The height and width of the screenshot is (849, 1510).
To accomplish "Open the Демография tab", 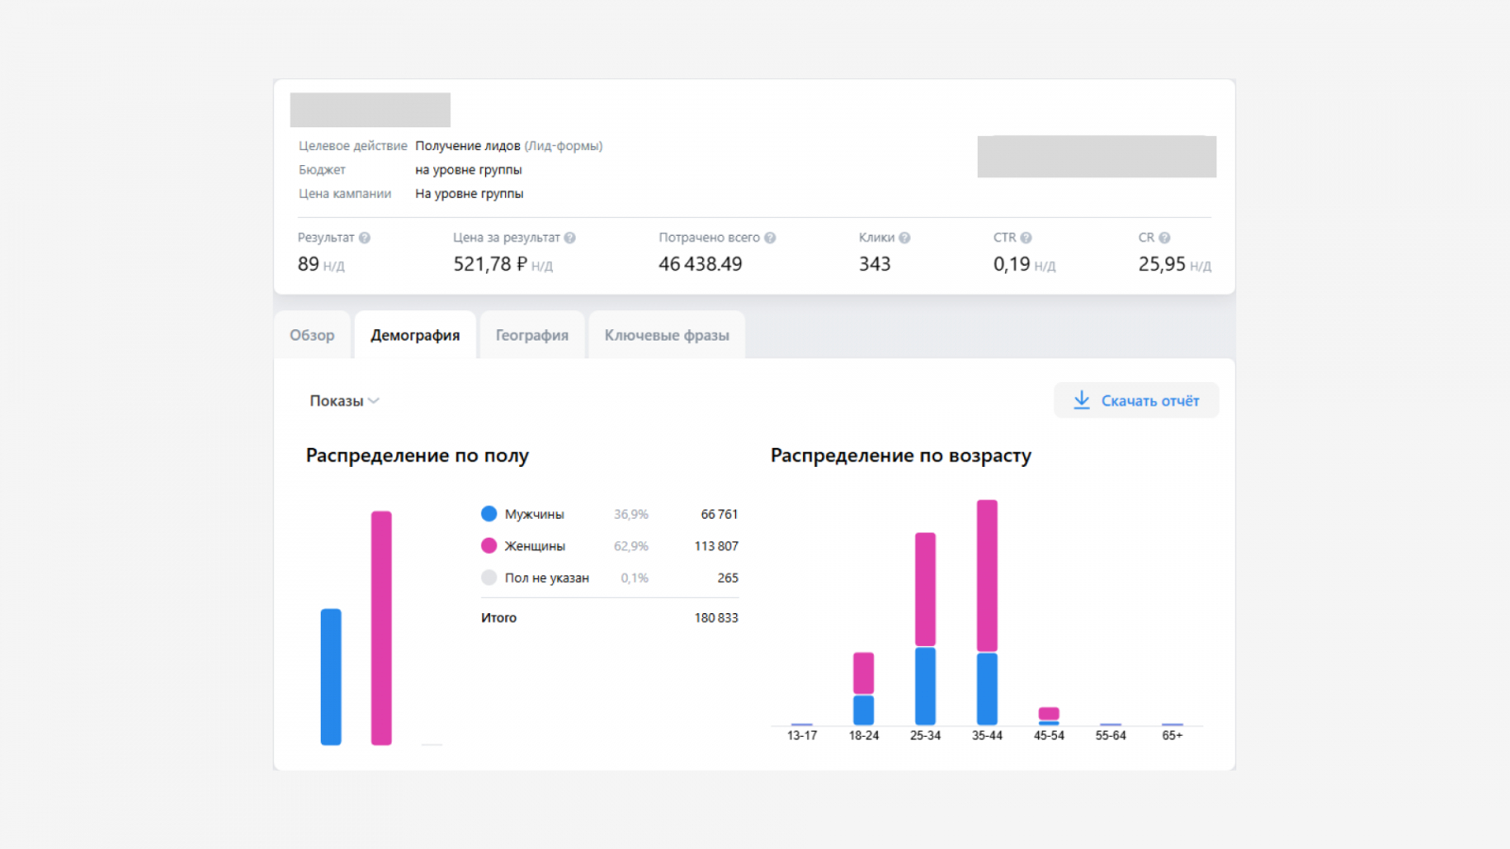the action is pyautogui.click(x=415, y=335).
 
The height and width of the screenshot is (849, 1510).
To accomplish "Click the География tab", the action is pyautogui.click(x=532, y=335).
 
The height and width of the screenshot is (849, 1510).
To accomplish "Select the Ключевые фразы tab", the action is pyautogui.click(x=666, y=335).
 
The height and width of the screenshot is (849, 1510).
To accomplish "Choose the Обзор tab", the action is pyautogui.click(x=312, y=335).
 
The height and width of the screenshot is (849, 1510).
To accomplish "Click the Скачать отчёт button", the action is pyautogui.click(x=1136, y=400).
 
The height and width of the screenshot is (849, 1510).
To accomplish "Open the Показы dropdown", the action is pyautogui.click(x=344, y=401).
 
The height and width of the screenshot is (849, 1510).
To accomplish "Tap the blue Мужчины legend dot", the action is pyautogui.click(x=489, y=514).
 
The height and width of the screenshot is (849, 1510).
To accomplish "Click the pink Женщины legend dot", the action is pyautogui.click(x=489, y=546).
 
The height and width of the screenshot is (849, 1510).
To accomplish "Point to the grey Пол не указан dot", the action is pyautogui.click(x=489, y=577).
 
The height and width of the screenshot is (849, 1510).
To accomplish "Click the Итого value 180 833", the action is pyautogui.click(x=716, y=618).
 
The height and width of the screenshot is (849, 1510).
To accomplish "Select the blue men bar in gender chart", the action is pyautogui.click(x=331, y=676).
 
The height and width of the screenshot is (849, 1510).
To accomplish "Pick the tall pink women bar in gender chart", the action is pyautogui.click(x=381, y=628).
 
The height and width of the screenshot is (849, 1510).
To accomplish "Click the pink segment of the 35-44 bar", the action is pyautogui.click(x=987, y=575).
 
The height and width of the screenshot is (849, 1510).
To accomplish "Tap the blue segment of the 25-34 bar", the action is pyautogui.click(x=926, y=686).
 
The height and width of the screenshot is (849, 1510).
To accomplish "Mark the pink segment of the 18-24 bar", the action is pyautogui.click(x=864, y=674).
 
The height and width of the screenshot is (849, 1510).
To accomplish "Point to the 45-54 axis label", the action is pyautogui.click(x=1049, y=736).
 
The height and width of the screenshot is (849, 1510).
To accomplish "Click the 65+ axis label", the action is pyautogui.click(x=1172, y=736).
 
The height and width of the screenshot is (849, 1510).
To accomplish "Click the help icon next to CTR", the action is pyautogui.click(x=1026, y=238).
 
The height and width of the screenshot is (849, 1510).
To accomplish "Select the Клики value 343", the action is pyautogui.click(x=874, y=264).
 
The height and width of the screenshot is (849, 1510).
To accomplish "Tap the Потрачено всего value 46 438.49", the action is pyautogui.click(x=700, y=264).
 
